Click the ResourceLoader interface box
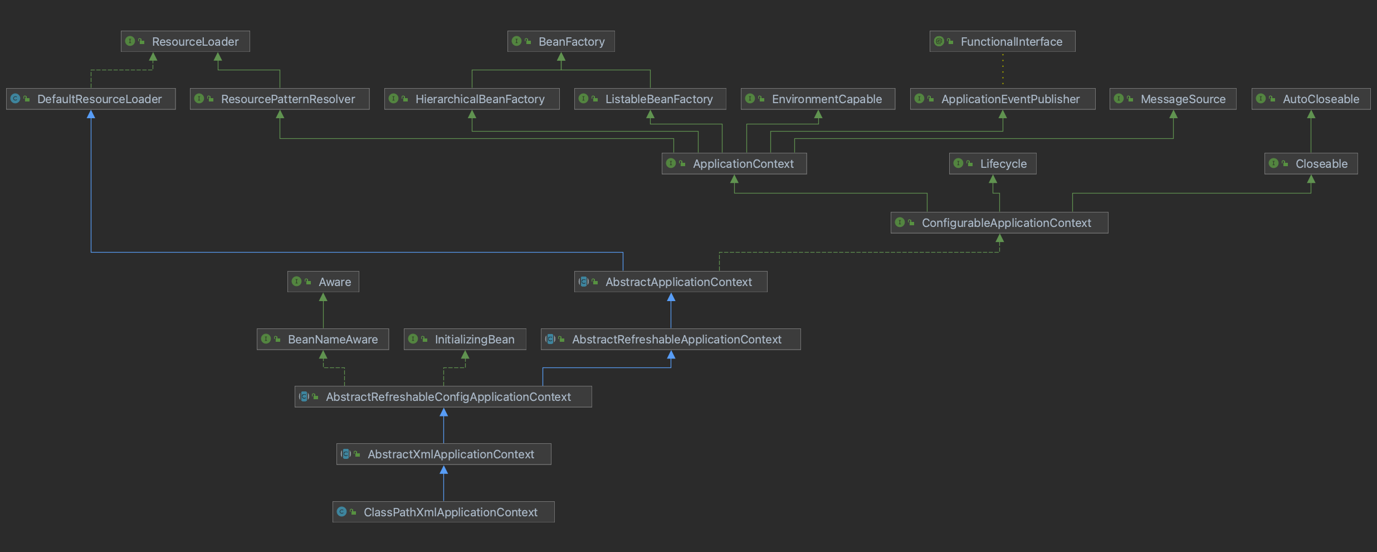pos(185,41)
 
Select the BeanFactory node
pos(561,41)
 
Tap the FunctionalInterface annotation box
pos(1002,41)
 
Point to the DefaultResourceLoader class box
pos(91,99)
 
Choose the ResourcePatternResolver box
pos(280,99)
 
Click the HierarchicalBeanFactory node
pos(472,99)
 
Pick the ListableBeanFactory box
pos(650,99)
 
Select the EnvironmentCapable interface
pos(818,99)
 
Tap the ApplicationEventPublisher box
pos(1003,99)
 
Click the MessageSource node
pos(1173,99)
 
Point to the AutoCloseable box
pos(1311,99)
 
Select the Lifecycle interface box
pos(993,163)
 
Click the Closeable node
pos(1311,163)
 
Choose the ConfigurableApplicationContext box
pos(999,222)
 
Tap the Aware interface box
pos(323,282)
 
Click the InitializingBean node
pos(465,339)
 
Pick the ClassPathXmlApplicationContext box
pos(443,512)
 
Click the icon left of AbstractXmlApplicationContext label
pos(346,454)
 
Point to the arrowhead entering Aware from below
pos(323,297)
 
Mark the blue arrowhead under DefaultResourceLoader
pos(91,114)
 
